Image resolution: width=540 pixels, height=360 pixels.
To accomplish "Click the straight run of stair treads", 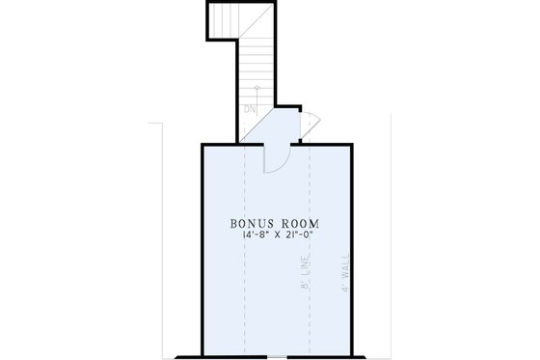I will coord(256,68).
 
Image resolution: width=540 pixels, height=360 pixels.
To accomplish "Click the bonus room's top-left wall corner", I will coord(202,144).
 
